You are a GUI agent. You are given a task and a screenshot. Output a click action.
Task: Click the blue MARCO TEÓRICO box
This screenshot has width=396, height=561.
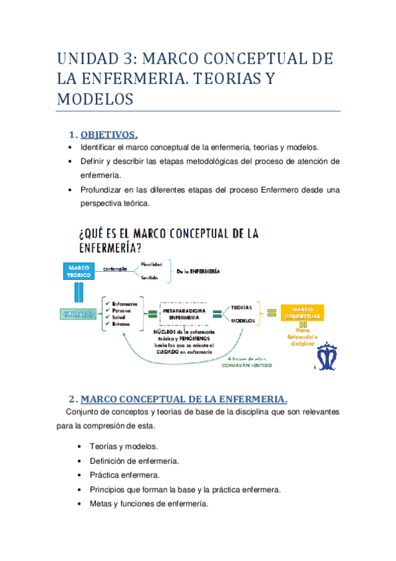click(79, 271)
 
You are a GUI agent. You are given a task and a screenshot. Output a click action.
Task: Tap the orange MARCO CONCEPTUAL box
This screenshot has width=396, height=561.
click(303, 312)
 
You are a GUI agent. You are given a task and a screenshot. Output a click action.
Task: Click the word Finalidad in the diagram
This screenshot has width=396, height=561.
click(151, 264)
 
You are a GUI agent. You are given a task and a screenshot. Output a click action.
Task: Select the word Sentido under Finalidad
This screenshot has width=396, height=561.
click(149, 278)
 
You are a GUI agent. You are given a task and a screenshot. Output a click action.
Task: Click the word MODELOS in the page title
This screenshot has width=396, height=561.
click(95, 99)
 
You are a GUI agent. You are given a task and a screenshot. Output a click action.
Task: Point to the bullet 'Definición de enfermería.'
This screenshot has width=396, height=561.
click(134, 460)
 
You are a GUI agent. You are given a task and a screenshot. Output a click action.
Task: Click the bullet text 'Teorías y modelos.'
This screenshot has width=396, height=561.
click(124, 447)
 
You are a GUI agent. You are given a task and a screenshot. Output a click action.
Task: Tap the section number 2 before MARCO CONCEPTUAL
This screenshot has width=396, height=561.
click(73, 399)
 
